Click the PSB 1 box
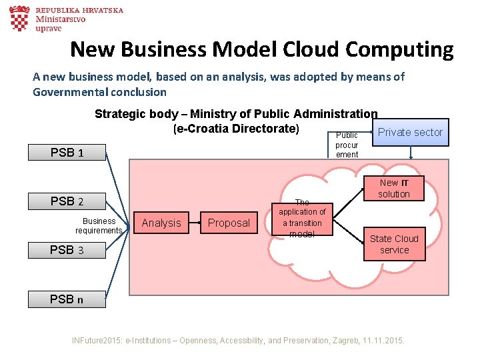click(x=67, y=153)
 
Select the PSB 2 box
click(x=67, y=201)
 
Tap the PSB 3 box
click(x=67, y=251)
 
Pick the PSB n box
click(x=67, y=299)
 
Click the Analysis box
click(x=161, y=223)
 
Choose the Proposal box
click(x=229, y=223)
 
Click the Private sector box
click(x=410, y=132)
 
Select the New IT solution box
click(x=394, y=189)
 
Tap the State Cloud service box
click(x=394, y=244)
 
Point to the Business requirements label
click(x=99, y=225)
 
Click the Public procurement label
click(x=347, y=145)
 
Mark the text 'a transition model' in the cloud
click(x=302, y=229)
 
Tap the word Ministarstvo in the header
click(x=61, y=20)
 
